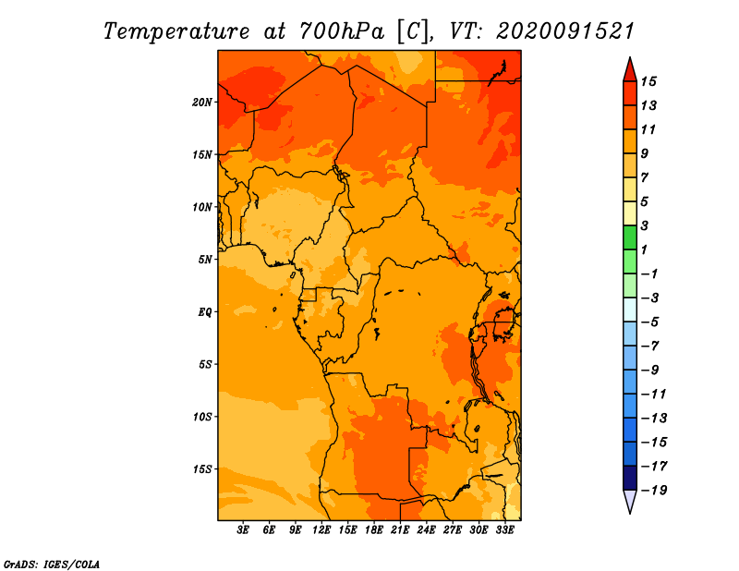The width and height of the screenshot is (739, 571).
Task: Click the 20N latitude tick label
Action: pos(202,103)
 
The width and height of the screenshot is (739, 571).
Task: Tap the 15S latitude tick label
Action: pos(202,469)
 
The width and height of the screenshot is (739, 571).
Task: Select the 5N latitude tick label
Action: pos(205,260)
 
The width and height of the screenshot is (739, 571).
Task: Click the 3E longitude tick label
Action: pos(243,530)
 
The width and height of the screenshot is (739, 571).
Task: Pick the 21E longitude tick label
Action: pos(400,530)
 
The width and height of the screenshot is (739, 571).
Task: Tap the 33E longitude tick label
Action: pos(504,530)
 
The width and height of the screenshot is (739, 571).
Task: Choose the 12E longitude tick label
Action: pos(321,530)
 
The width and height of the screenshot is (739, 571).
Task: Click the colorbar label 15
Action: pos(648,81)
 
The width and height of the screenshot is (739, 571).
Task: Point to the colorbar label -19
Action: pos(654,491)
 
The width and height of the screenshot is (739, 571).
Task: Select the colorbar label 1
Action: pos(644,249)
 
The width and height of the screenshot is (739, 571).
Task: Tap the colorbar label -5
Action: pos(650,322)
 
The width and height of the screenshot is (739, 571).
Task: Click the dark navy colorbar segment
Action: pos(630,478)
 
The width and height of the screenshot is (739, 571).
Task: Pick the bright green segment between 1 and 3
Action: pos(630,237)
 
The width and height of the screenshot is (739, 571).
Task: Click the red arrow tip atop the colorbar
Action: pos(630,58)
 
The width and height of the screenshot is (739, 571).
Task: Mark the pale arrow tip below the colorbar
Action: pos(630,512)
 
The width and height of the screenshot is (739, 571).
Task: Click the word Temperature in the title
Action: pos(176,31)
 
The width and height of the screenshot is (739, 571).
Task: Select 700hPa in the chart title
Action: pos(342,31)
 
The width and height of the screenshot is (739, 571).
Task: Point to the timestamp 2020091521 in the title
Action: pos(565,31)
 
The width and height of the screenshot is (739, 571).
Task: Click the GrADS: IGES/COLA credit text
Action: pos(52,565)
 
